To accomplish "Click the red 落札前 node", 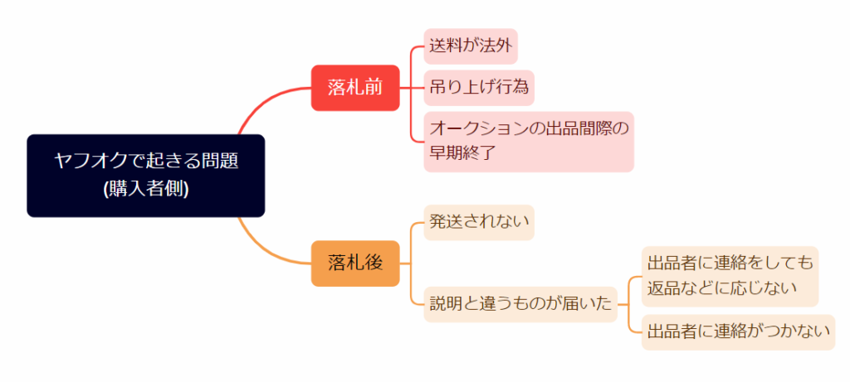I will point(355,87).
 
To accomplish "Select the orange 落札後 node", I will point(355,264).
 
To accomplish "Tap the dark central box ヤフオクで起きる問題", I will point(145,175).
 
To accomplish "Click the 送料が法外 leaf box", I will point(471,46).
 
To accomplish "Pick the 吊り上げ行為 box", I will point(479,87).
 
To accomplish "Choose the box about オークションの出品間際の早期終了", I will point(528,141).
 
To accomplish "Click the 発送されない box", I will point(479,221).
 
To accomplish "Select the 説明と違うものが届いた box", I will point(520,304).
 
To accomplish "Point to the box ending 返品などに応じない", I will point(730,276).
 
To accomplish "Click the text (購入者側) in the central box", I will point(146,189).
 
